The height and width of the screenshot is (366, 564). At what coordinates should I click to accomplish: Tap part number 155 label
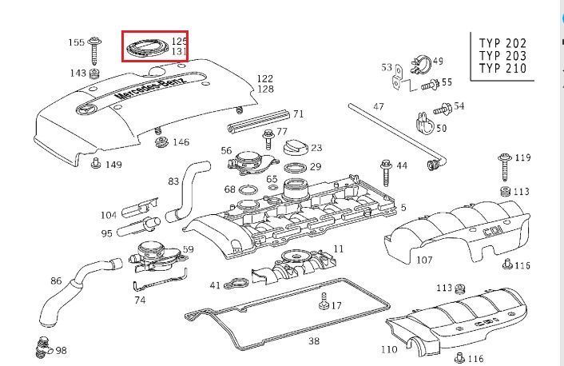76,42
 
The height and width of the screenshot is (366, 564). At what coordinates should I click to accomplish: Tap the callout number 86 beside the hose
56,280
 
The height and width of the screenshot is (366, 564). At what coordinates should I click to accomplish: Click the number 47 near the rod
379,106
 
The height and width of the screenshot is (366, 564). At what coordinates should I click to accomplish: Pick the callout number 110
389,349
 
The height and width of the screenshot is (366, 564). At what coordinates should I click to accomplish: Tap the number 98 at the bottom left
61,351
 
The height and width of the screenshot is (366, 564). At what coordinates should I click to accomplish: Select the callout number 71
298,114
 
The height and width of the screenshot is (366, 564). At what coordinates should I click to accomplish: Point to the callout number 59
188,249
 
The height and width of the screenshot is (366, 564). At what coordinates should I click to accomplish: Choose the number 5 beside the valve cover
403,208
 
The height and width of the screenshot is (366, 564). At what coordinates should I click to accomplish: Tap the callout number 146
181,142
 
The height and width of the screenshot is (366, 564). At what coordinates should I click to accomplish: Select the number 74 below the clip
141,300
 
